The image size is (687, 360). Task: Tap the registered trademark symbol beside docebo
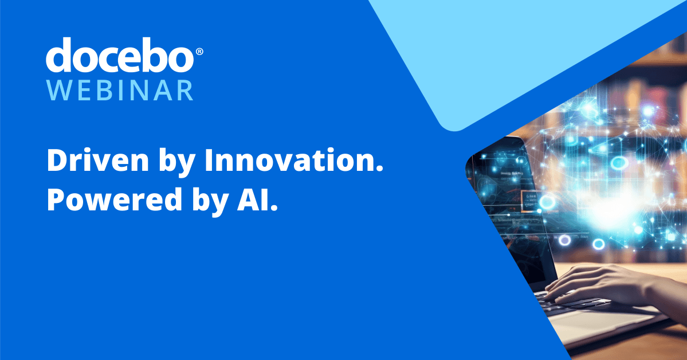click(199, 52)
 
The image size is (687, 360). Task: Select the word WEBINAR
click(119, 91)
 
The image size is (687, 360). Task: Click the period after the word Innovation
click(379, 170)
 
